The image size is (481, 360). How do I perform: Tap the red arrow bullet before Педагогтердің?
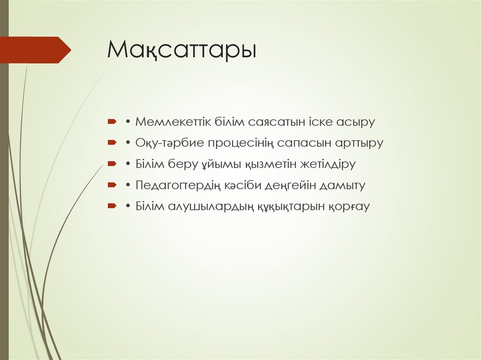point(111,185)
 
